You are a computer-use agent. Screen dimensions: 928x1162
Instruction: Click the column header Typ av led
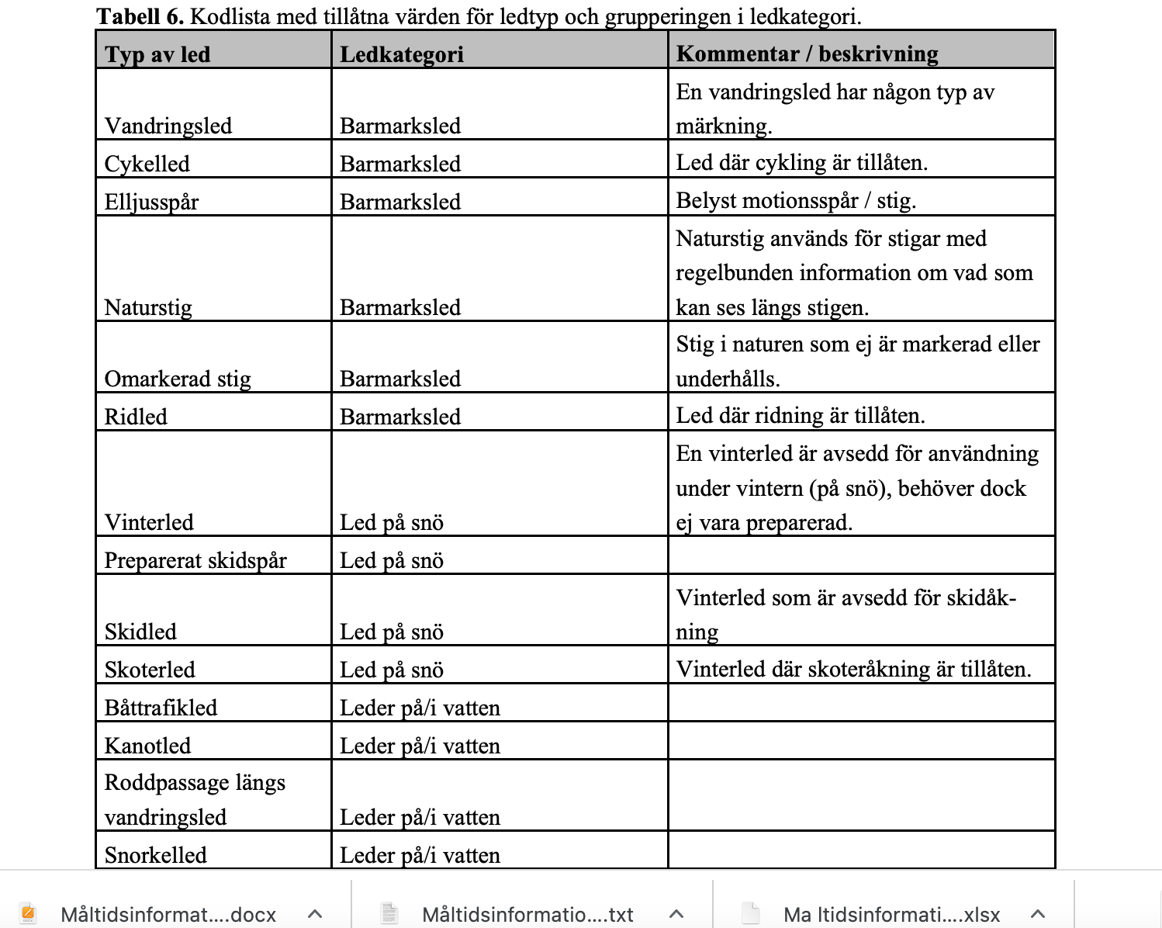pyautogui.click(x=157, y=54)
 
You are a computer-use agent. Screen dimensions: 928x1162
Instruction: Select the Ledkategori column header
pyautogui.click(x=402, y=54)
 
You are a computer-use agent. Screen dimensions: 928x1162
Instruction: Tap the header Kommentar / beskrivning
pyautogui.click(x=807, y=54)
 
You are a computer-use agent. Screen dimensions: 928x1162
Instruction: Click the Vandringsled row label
pyautogui.click(x=168, y=126)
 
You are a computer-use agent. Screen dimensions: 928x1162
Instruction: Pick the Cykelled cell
pyautogui.click(x=147, y=164)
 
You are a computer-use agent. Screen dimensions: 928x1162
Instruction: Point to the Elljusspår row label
pyautogui.click(x=152, y=202)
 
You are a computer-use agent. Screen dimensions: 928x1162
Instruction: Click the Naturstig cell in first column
pyautogui.click(x=148, y=307)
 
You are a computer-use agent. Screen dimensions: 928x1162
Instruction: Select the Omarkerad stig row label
pyautogui.click(x=178, y=379)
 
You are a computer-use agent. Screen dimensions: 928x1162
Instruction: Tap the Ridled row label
pyautogui.click(x=136, y=417)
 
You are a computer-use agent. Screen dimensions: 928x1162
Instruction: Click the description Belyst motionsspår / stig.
pyautogui.click(x=796, y=200)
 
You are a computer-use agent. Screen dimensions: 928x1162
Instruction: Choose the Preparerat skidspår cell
pyautogui.click(x=195, y=560)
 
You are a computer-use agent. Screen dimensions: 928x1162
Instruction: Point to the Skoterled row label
pyautogui.click(x=150, y=670)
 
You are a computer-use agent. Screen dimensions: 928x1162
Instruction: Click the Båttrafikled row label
pyautogui.click(x=161, y=708)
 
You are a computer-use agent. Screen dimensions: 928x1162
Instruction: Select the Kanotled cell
pyautogui.click(x=147, y=746)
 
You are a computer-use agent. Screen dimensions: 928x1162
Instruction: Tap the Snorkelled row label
pyautogui.click(x=156, y=855)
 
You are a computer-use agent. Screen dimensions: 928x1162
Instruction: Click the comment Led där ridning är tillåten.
pyautogui.click(x=801, y=415)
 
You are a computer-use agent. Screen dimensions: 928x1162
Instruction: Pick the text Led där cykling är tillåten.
pyautogui.click(x=801, y=162)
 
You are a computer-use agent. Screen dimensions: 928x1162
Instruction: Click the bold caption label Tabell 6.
pyautogui.click(x=140, y=16)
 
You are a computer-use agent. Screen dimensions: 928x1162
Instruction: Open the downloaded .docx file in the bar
pyautogui.click(x=168, y=914)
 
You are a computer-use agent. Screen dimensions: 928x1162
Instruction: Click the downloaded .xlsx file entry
pyautogui.click(x=891, y=914)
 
